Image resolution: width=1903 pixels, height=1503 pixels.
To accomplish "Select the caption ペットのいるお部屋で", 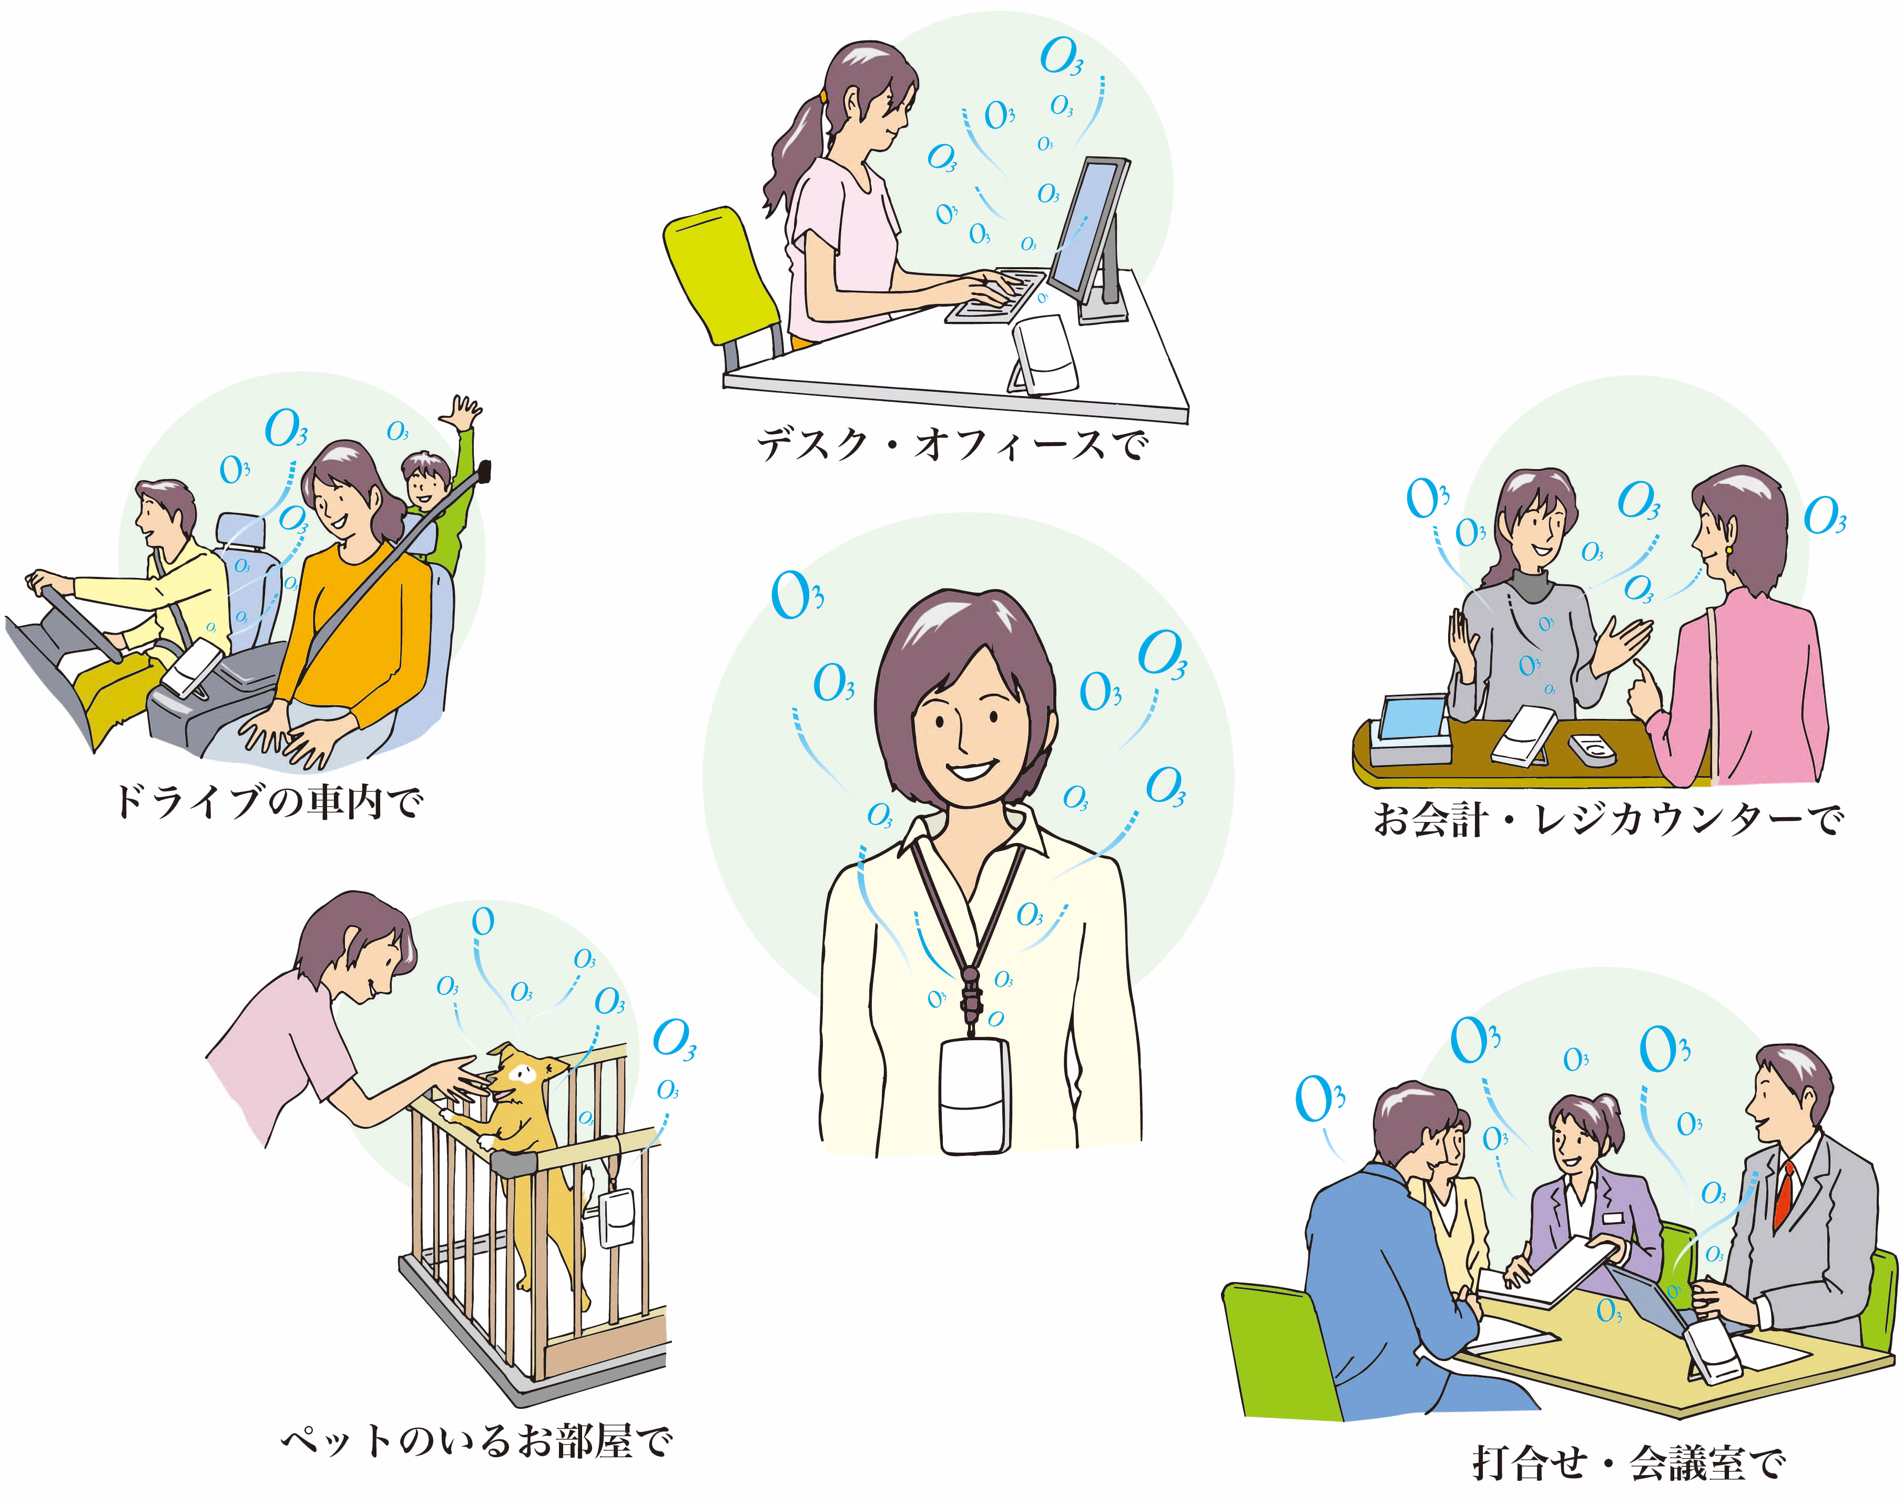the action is pyautogui.click(x=476, y=1440).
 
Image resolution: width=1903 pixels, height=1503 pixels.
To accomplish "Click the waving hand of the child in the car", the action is pyautogui.click(x=461, y=413).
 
